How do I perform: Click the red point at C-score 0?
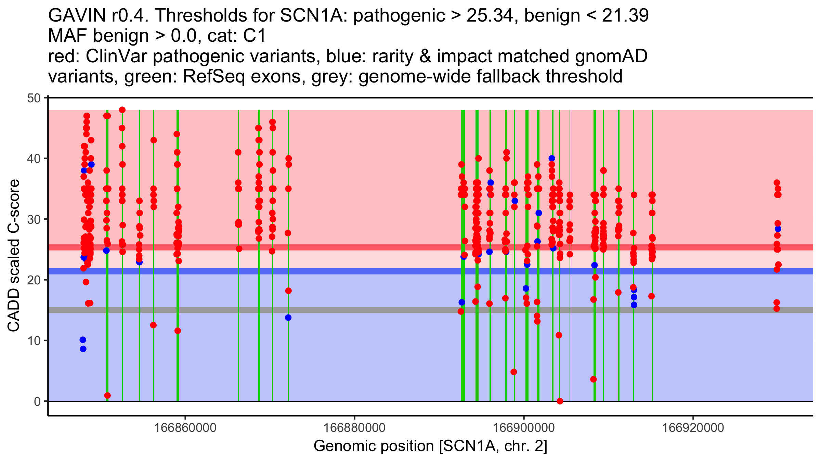tap(560, 401)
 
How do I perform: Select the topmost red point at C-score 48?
tap(122, 110)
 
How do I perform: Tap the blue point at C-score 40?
tap(552, 158)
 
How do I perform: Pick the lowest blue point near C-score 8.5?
tap(83, 349)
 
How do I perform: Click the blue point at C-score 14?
tap(288, 318)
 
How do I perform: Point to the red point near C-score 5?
tap(513, 372)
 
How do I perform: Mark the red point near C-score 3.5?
tap(594, 379)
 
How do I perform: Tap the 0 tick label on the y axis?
tap(37, 401)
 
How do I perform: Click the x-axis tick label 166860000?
tap(185, 428)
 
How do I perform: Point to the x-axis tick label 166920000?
tap(693, 428)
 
